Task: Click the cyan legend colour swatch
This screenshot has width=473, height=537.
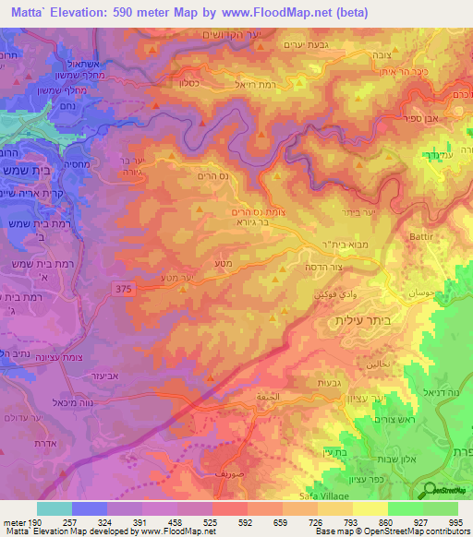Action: [55, 508]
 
